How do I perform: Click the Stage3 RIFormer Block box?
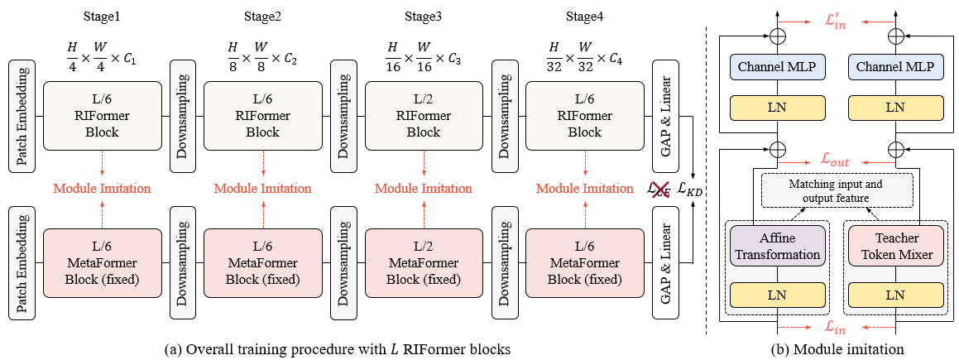click(x=424, y=115)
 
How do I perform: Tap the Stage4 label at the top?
click(x=584, y=17)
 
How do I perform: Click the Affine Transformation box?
click(x=777, y=247)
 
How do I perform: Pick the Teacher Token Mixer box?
click(x=895, y=247)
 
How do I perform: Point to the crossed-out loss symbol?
click(x=659, y=190)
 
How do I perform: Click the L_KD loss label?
click(x=688, y=190)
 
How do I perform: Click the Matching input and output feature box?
click(x=836, y=190)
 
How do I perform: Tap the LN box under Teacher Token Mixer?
click(x=895, y=295)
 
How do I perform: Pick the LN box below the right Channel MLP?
click(x=895, y=108)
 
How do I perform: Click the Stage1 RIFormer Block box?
click(x=102, y=115)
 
